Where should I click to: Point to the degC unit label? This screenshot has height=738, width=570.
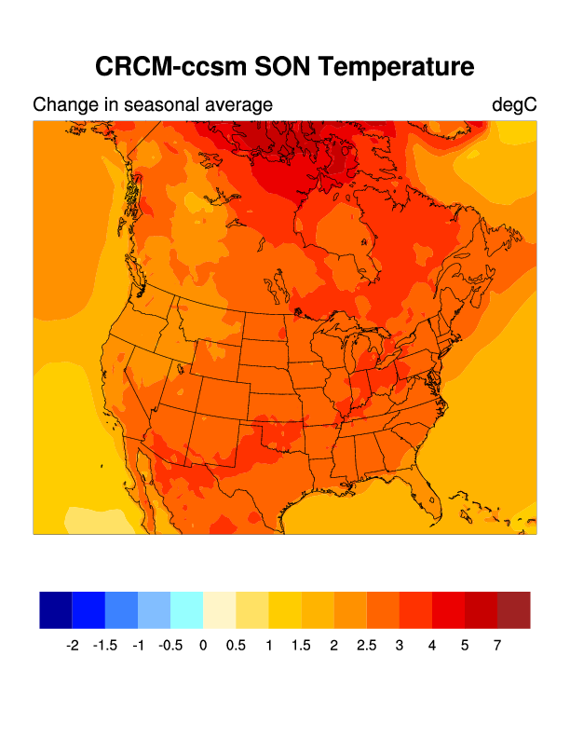[514, 105]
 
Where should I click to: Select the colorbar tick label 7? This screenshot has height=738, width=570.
[497, 645]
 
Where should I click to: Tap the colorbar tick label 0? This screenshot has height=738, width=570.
[203, 645]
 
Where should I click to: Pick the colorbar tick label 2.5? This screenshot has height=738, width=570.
[366, 645]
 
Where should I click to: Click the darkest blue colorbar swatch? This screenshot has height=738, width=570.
[56, 609]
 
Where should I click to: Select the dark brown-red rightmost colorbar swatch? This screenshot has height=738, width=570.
[513, 609]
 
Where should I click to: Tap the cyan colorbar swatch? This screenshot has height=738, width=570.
[186, 609]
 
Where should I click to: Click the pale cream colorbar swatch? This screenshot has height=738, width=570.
[219, 609]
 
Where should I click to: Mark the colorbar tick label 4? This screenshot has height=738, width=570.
[432, 645]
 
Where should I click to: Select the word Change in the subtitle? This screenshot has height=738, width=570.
[61, 105]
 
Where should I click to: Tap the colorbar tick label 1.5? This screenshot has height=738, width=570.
[301, 645]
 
